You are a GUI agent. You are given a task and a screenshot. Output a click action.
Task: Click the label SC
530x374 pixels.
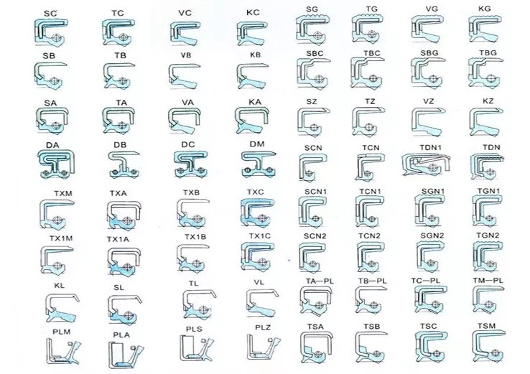click(50, 14)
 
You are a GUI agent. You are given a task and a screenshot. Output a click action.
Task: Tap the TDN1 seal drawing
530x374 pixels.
click(426, 164)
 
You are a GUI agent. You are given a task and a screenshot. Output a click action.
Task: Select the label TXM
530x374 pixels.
click(63, 194)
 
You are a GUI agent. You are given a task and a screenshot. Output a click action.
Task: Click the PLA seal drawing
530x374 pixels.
click(126, 355)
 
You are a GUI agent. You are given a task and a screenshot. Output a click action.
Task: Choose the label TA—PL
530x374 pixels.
click(320, 281)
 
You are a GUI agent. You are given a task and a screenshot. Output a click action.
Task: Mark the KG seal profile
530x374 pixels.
click(485, 29)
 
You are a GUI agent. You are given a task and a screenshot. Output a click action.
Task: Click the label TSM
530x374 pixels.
click(486, 326)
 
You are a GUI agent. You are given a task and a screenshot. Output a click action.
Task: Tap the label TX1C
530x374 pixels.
click(259, 236)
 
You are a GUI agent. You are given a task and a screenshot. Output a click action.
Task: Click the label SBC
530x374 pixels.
click(315, 53)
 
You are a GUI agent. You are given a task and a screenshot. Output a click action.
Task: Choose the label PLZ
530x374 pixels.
click(263, 328)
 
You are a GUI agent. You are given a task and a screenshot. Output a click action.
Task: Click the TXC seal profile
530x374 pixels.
click(257, 213)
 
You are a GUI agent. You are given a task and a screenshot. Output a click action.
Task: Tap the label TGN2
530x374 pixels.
click(488, 235)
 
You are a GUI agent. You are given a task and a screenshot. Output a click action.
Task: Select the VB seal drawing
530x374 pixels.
click(185, 77)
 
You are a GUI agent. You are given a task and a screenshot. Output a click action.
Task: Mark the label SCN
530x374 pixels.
click(313, 148)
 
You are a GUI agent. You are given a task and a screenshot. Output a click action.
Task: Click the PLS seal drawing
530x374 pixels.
click(197, 348)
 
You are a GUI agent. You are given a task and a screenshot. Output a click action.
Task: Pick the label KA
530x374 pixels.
click(254, 102)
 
